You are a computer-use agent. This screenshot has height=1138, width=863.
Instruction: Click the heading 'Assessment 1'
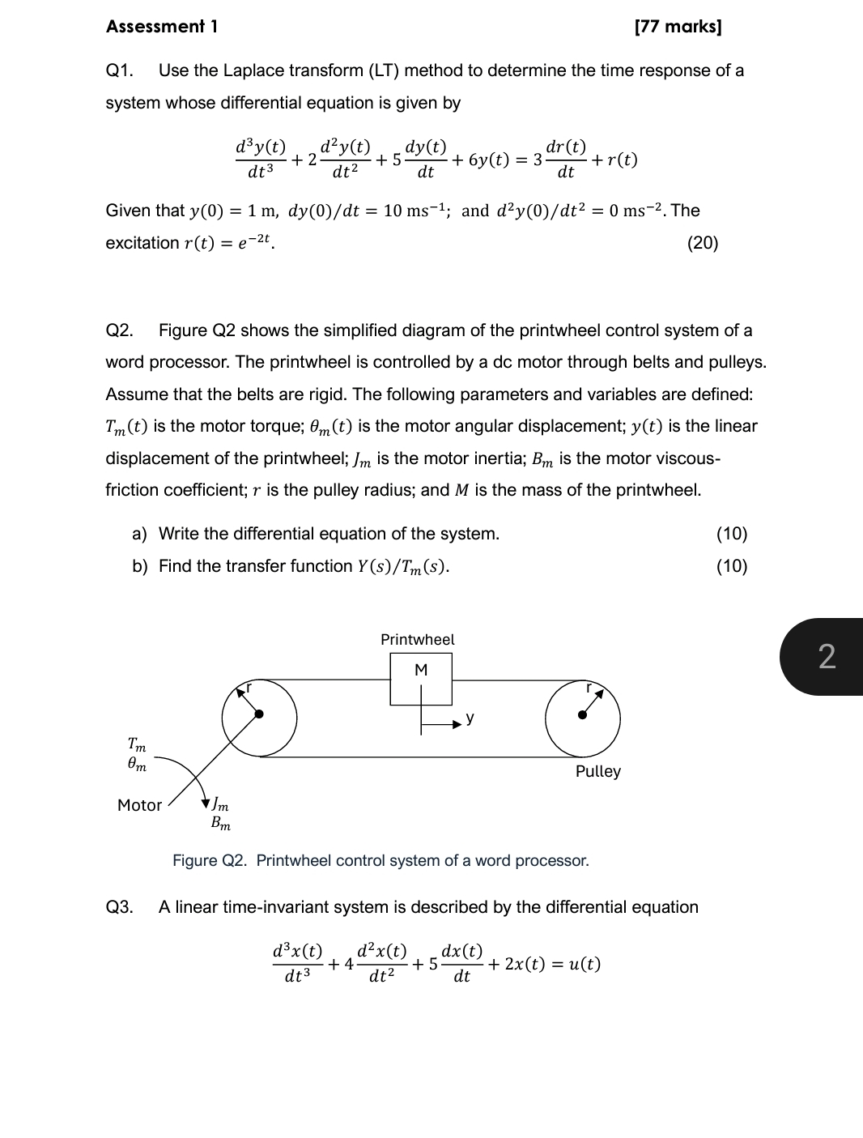click(x=161, y=27)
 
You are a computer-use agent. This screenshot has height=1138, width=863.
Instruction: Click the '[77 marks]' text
click(x=678, y=27)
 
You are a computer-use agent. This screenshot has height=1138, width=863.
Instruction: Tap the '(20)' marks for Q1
click(x=702, y=243)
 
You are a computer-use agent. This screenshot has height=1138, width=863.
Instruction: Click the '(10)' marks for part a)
click(x=731, y=534)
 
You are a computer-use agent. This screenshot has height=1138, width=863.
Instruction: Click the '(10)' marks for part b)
click(x=731, y=566)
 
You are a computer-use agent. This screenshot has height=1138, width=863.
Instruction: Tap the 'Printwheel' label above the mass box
click(x=418, y=640)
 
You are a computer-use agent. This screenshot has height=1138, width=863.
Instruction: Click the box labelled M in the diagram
click(x=421, y=679)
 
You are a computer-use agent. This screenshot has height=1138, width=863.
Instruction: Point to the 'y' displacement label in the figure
click(x=470, y=718)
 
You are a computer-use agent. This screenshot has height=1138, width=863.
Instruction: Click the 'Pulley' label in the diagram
click(x=597, y=771)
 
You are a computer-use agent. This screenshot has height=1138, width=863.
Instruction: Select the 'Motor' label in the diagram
click(x=139, y=805)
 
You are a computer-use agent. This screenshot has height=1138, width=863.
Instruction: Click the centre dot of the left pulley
click(x=259, y=714)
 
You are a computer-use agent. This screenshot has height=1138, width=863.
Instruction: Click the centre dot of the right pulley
click(x=582, y=714)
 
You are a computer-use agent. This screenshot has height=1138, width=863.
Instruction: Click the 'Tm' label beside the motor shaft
click(x=137, y=743)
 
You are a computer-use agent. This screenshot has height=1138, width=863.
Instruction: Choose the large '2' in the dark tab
click(x=826, y=656)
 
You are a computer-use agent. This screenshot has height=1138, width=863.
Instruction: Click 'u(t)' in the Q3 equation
click(x=583, y=964)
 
